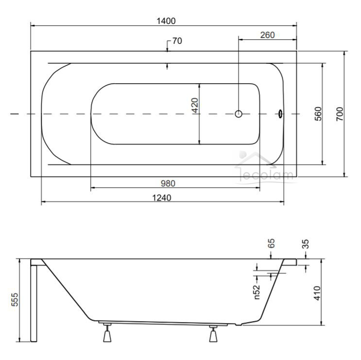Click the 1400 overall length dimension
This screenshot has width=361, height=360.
[x=166, y=21]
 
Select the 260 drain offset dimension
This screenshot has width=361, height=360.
[x=267, y=35]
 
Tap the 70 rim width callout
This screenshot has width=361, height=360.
[x=177, y=41]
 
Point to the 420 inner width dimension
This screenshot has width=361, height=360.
[x=195, y=106]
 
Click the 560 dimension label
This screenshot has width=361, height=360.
[x=318, y=114]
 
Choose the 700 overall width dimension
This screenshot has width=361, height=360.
[x=340, y=114]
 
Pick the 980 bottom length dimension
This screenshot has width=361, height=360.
[x=168, y=183]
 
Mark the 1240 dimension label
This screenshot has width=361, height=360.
[x=162, y=198]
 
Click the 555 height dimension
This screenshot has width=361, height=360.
[x=15, y=300]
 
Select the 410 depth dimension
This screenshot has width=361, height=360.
[x=317, y=293]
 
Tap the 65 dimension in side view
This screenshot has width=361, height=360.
[x=272, y=243]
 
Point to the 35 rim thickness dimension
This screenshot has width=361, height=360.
[x=305, y=244]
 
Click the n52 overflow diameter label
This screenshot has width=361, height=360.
[x=257, y=292]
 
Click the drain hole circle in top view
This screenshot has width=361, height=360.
[x=239, y=114]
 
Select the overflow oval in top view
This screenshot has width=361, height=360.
[x=280, y=114]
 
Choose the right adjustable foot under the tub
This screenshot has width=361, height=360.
[x=213, y=334]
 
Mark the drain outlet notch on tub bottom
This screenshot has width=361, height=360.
[x=239, y=324]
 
